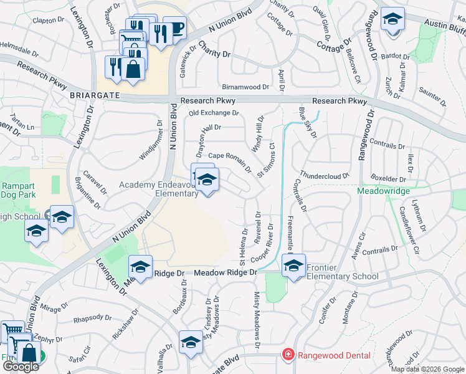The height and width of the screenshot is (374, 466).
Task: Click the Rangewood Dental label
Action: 334,355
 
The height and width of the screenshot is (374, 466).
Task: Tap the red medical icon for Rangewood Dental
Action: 288,355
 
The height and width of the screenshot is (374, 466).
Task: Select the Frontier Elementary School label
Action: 341,272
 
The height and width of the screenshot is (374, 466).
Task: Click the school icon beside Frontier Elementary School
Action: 293,266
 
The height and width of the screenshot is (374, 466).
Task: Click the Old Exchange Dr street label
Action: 214,113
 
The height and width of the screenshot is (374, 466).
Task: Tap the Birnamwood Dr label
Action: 245,87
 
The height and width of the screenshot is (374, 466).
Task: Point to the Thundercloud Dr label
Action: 324,175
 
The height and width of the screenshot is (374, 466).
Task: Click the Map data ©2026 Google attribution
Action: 427,369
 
